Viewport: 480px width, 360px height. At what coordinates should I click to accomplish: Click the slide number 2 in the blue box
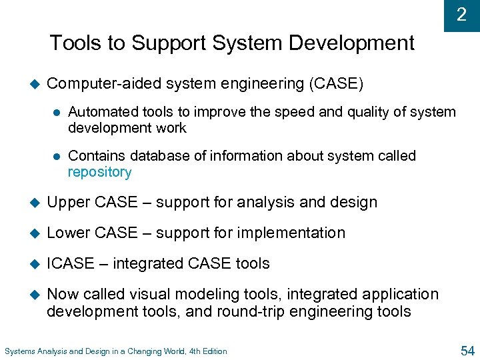[x=461, y=15]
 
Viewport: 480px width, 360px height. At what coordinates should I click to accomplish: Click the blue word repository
[x=100, y=172]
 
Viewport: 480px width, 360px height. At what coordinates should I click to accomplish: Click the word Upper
[x=68, y=203]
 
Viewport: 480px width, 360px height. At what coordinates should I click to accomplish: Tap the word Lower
[x=69, y=233]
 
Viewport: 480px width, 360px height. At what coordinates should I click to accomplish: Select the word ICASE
[x=71, y=263]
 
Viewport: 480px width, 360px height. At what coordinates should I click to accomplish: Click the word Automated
[x=101, y=112]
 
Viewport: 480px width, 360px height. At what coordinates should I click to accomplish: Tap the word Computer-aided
[x=104, y=84]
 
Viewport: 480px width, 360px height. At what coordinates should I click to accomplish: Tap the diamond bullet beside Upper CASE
[x=33, y=203]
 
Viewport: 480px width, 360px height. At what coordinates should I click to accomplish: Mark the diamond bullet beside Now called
[x=33, y=295]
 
